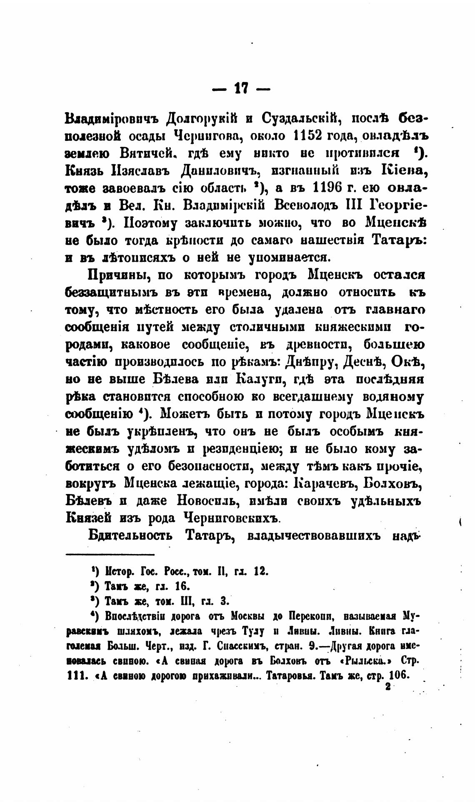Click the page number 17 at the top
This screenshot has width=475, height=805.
[241, 88]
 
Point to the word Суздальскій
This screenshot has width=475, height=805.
[302, 119]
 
